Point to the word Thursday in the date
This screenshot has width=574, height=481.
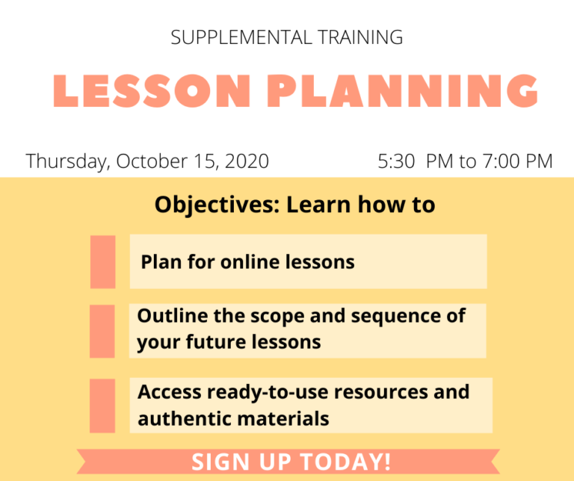point(67,161)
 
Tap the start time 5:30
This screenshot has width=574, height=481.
point(396,161)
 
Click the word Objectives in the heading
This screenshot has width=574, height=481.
point(217,205)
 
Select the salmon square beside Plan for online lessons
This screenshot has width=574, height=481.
point(103,261)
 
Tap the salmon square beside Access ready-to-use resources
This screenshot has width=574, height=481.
point(103,406)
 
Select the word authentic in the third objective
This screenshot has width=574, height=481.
point(184,419)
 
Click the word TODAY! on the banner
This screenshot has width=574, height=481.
point(351,462)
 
